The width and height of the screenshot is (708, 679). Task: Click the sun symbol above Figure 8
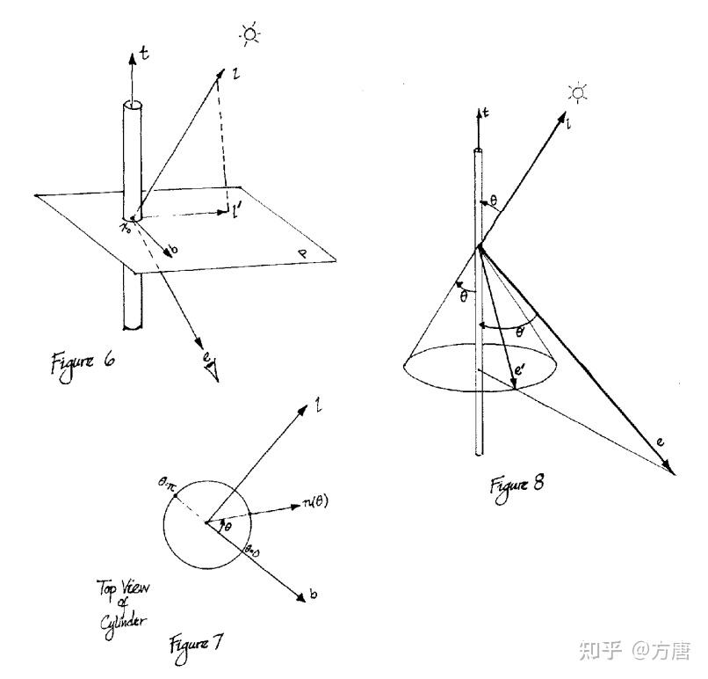tap(577, 93)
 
